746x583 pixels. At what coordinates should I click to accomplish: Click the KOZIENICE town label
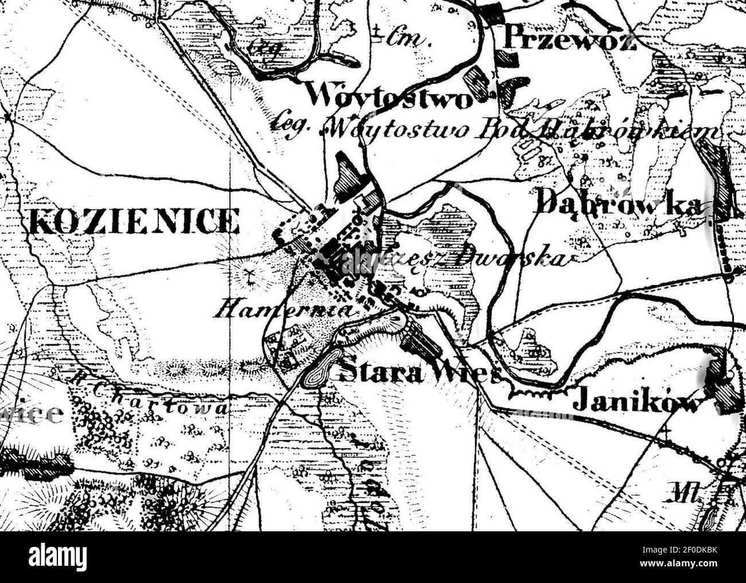[x=132, y=221]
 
